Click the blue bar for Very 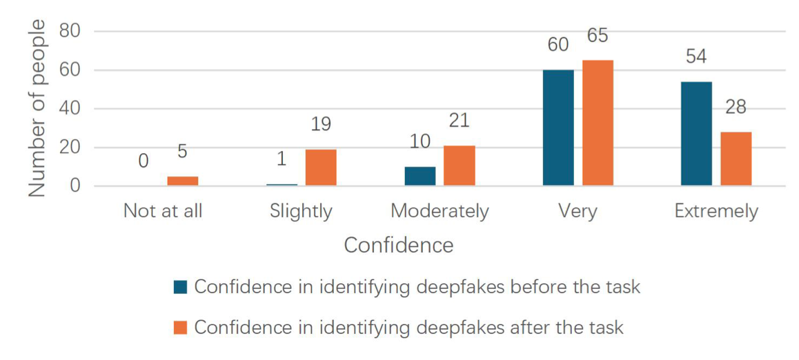pos(558,128)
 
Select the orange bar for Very pos(598,123)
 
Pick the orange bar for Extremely pos(736,159)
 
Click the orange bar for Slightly pos(321,168)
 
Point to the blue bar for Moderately pos(420,177)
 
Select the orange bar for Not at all pos(183,181)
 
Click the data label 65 pos(598,35)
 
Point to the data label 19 pos(321,124)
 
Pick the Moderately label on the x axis pos(440,210)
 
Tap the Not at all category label pos(163,210)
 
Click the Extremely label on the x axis pos(716,210)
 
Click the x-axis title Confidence pos(399,246)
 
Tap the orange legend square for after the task pos(180,328)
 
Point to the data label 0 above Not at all pos(144,161)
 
